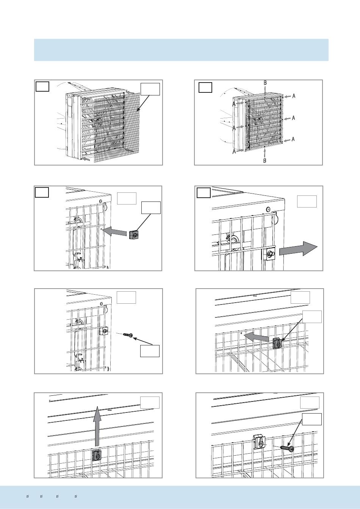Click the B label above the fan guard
pyautogui.click(x=265, y=83)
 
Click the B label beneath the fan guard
pyautogui.click(x=265, y=161)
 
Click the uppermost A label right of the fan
pyautogui.click(x=294, y=96)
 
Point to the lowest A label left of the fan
pyautogui.click(x=234, y=151)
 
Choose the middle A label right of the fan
pyautogui.click(x=293, y=118)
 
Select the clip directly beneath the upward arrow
pyautogui.click(x=97, y=455)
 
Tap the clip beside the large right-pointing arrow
pyautogui.click(x=270, y=254)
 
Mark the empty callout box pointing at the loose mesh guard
pyautogui.click(x=150, y=89)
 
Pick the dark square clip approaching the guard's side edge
pyautogui.click(x=133, y=235)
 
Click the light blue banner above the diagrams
pyautogui.click(x=181, y=50)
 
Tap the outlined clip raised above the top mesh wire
pyautogui.click(x=259, y=442)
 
